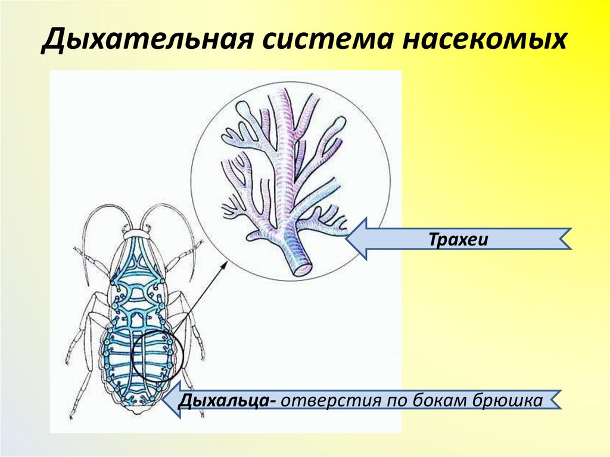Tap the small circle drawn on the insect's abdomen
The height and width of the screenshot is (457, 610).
(x=153, y=356)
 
